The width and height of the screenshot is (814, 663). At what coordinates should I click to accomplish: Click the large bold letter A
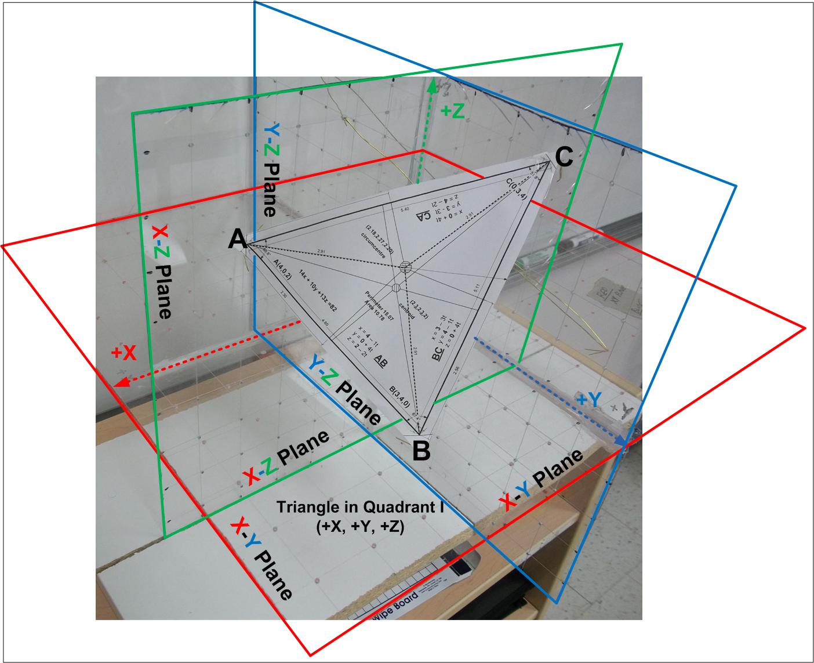(237, 238)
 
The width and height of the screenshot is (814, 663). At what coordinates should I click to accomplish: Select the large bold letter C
(564, 156)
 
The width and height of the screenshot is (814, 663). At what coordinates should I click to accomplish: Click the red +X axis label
(124, 353)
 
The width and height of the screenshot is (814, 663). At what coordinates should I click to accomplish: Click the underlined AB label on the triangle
(381, 360)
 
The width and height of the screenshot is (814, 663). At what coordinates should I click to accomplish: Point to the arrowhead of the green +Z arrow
(431, 86)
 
